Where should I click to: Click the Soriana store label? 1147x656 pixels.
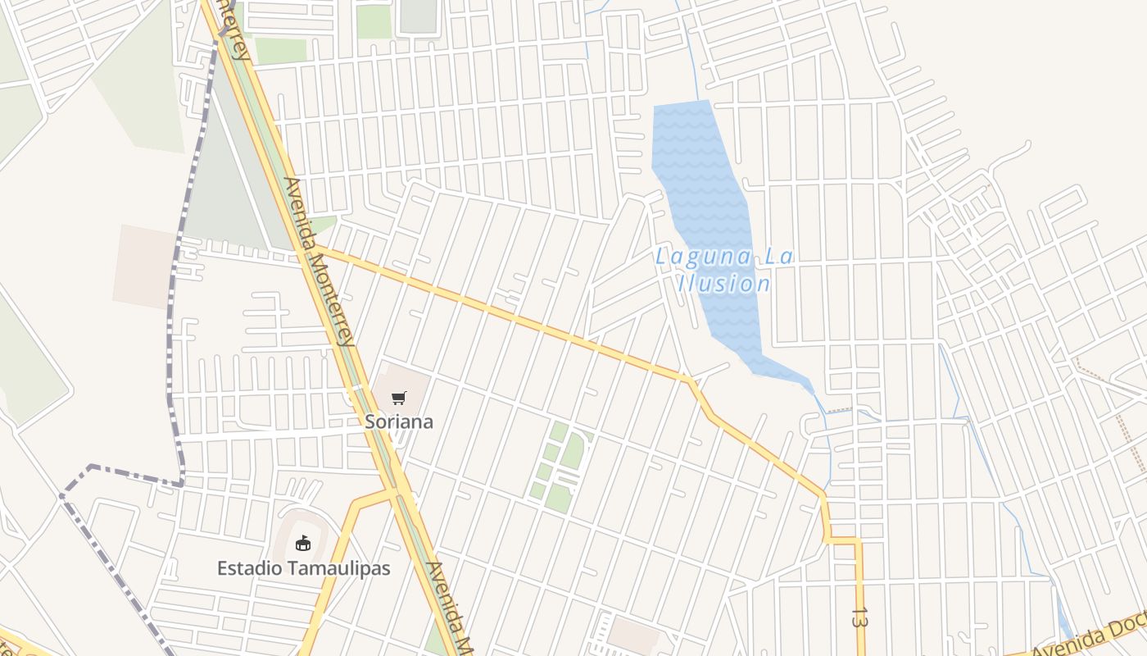pyautogui.click(x=399, y=421)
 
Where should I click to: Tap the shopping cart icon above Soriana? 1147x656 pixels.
pyautogui.click(x=399, y=399)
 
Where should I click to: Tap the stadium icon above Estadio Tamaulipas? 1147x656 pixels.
pyautogui.click(x=303, y=542)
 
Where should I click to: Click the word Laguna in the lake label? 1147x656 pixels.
pyautogui.click(x=692, y=257)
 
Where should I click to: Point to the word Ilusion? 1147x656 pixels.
pyautogui.click(x=723, y=284)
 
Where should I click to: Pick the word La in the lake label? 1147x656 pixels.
pyautogui.click(x=779, y=257)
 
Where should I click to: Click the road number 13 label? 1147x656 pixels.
pyautogui.click(x=859, y=617)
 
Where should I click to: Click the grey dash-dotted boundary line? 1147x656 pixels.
pyautogui.click(x=172, y=328)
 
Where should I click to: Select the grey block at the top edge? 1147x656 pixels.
pyautogui.click(x=419, y=15)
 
